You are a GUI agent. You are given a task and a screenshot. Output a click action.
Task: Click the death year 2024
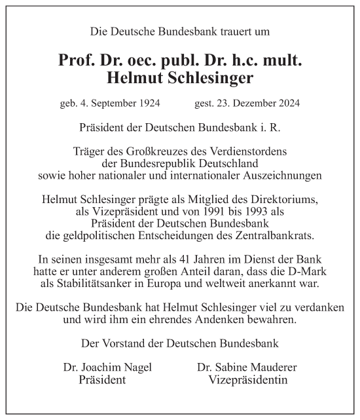288,103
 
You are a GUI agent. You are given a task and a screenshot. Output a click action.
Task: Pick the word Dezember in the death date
251,103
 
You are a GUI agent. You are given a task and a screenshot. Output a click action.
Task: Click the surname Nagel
136,368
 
